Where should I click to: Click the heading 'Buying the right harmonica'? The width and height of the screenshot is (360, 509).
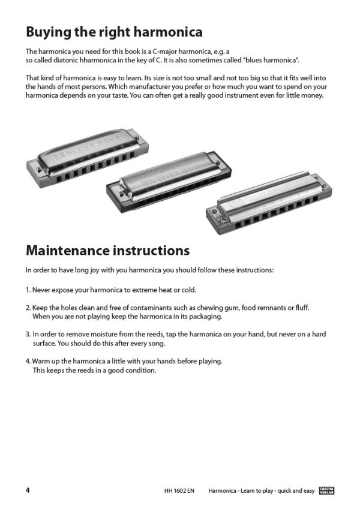coord(114,31)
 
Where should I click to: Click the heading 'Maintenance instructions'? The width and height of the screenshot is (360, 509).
coord(107,249)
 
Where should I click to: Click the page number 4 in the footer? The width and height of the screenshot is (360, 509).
coord(28,490)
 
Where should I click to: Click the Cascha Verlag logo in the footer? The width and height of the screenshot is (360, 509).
coord(327,490)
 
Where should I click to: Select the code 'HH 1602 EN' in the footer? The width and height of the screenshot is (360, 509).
coord(179,490)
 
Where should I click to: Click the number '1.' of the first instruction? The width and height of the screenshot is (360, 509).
coord(28,290)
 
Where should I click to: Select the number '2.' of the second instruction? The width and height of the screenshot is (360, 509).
coord(28,308)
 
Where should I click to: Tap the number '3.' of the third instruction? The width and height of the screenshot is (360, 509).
coord(28,335)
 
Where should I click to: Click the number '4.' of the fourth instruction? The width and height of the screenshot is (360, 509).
coord(28,362)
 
